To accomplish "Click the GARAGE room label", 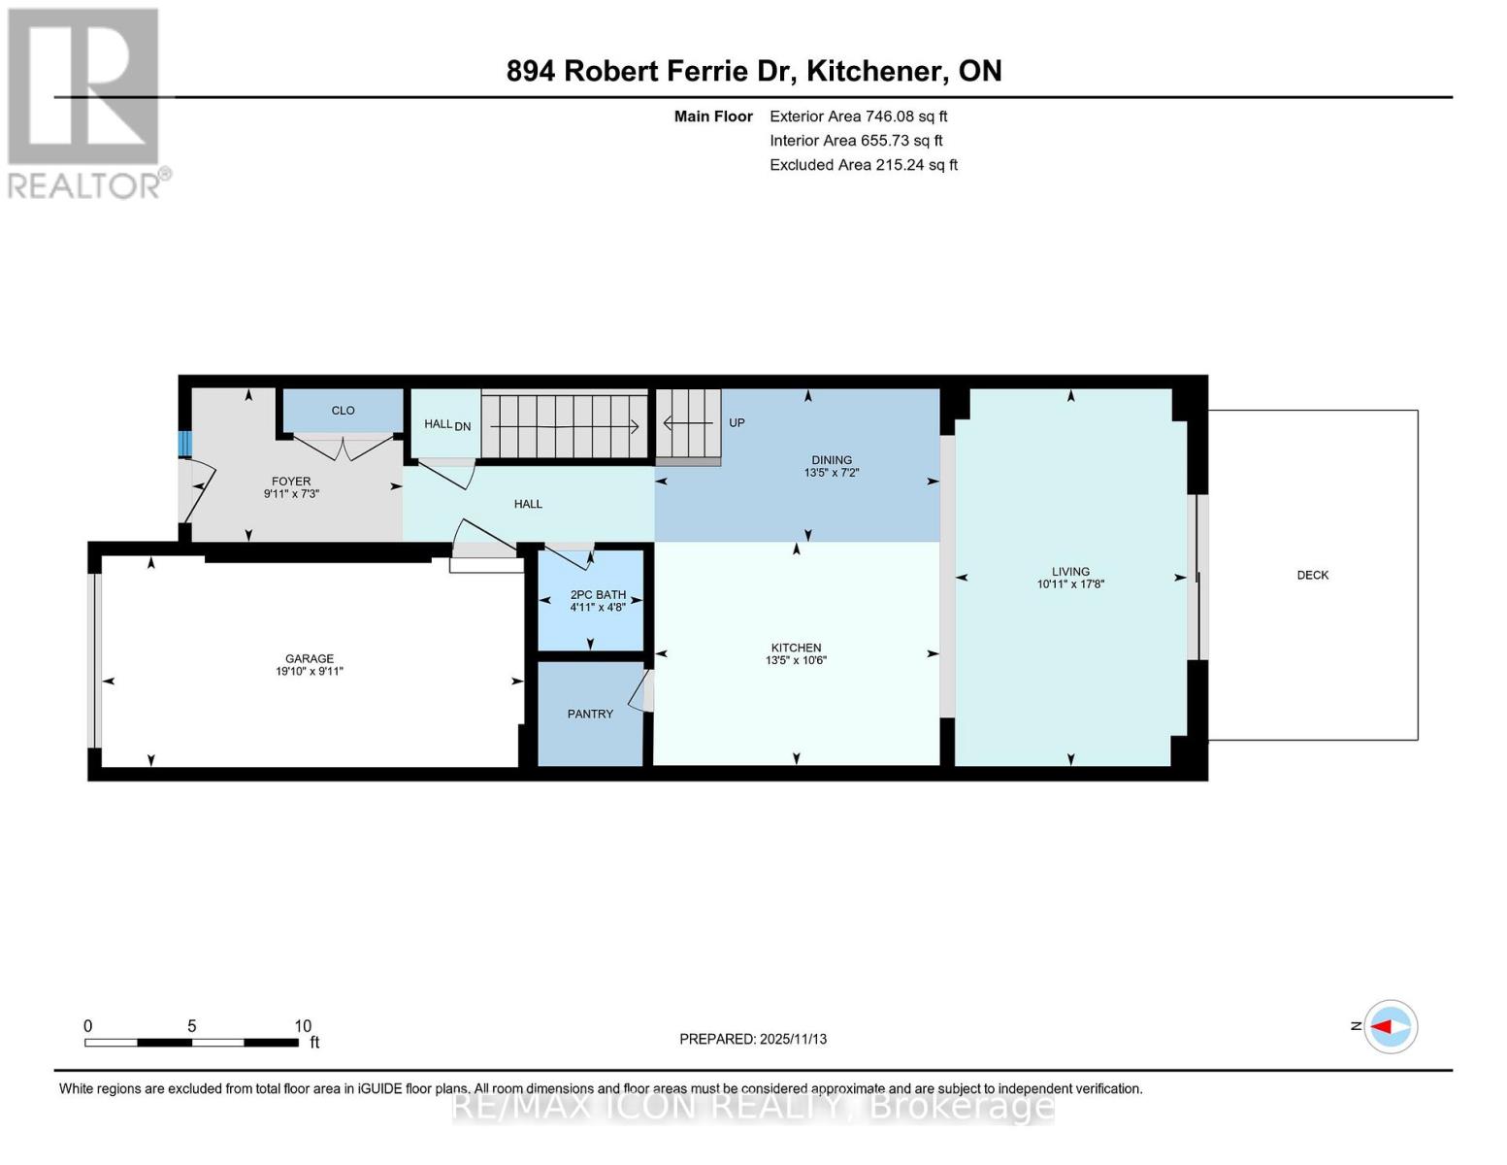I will (309, 658).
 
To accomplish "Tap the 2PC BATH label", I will (598, 595).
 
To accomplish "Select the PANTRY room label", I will (590, 714).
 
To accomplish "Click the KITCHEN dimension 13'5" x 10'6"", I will (796, 661).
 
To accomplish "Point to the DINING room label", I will (832, 460).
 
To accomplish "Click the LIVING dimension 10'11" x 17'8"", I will (1070, 584).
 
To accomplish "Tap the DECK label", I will (1312, 575).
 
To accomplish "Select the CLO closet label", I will (343, 411).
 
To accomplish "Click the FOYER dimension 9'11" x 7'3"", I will (291, 494).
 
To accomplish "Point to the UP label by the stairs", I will (737, 423).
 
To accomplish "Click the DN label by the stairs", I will (463, 425).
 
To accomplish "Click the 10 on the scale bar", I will (303, 1026).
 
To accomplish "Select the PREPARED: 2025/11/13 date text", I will (753, 1039).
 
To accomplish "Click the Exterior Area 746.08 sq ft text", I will (858, 116).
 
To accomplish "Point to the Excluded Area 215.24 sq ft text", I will (864, 165).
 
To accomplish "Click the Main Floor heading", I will (713, 116).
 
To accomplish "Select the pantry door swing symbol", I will (641, 691).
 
